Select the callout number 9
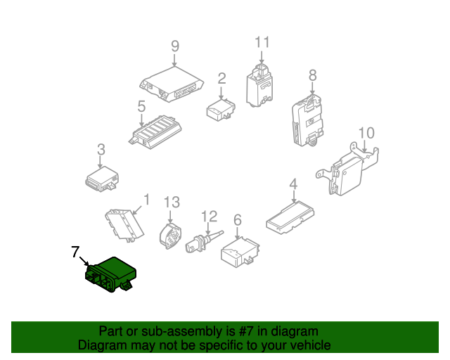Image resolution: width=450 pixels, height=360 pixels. click(175, 46)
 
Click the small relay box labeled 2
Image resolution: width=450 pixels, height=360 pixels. click(219, 108)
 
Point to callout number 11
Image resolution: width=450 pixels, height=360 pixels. click(262, 42)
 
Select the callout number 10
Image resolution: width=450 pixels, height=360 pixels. click(366, 133)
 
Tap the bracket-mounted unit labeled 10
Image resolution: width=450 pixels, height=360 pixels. click(352, 169)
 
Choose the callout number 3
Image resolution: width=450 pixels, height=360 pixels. click(101, 150)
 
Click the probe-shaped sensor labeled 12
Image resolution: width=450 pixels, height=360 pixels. click(202, 243)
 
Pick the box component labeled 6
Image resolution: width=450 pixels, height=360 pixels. click(239, 251)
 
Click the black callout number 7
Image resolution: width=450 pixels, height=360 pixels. click(75, 251)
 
